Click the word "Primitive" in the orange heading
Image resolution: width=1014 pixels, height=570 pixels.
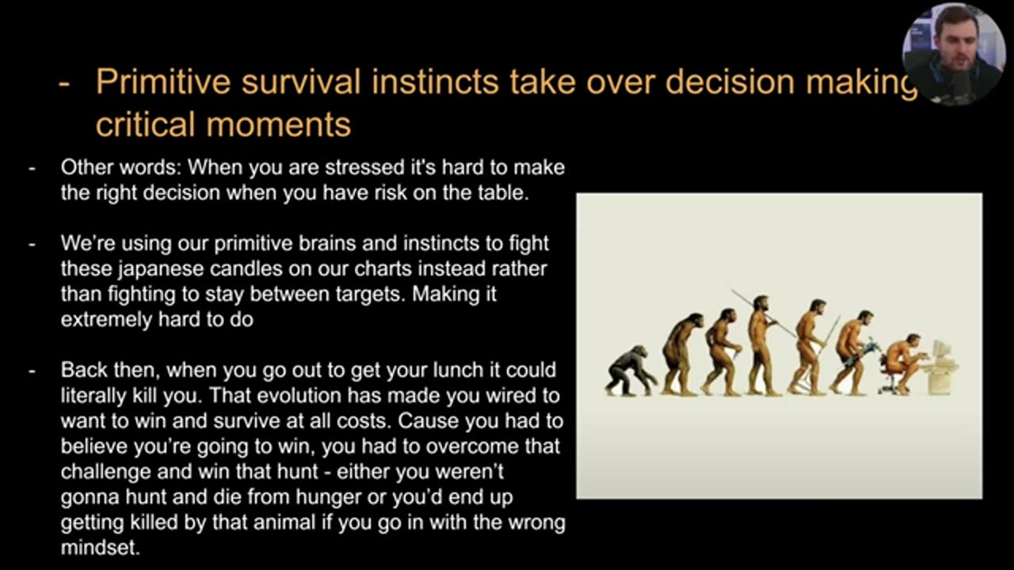[x=162, y=82]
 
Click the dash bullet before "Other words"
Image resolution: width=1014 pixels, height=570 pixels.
[x=32, y=168]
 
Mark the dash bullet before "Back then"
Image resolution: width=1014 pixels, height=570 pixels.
[x=32, y=370]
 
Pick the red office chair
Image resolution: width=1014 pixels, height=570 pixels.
[x=891, y=382]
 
